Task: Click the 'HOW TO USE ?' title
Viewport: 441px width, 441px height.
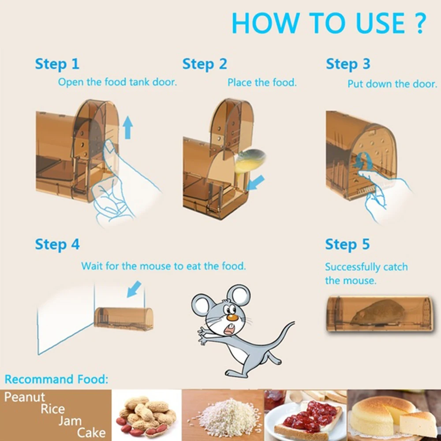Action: click(329, 23)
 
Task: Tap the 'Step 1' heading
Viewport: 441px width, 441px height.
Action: click(57, 64)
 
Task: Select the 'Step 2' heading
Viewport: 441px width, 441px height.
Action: click(205, 64)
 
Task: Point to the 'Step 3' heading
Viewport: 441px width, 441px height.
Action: click(348, 64)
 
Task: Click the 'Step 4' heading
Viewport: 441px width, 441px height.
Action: click(57, 244)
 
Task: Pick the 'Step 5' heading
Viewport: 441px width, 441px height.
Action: click(348, 244)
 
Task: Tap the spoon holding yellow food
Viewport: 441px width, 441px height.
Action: click(250, 161)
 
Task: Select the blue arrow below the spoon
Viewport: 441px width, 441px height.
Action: click(256, 182)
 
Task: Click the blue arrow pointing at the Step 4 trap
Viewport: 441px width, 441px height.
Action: click(134, 289)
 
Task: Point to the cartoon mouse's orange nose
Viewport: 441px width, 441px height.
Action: click(232, 318)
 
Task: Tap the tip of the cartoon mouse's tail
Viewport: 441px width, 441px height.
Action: click(293, 323)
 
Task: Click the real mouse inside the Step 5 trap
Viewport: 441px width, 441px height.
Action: click(378, 313)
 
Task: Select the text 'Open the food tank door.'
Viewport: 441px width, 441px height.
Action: click(117, 82)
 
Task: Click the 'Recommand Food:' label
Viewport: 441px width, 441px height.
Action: click(56, 379)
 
